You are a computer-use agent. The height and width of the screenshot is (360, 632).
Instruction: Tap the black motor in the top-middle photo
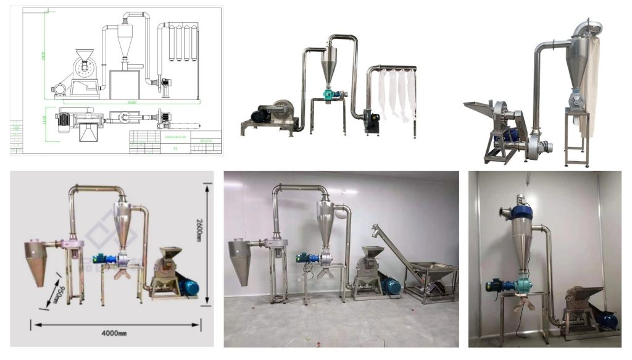click(260, 115)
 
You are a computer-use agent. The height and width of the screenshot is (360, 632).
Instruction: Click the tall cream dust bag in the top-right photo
click(592, 86)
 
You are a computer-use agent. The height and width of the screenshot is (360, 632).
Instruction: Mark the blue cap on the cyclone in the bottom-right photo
click(523, 209)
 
